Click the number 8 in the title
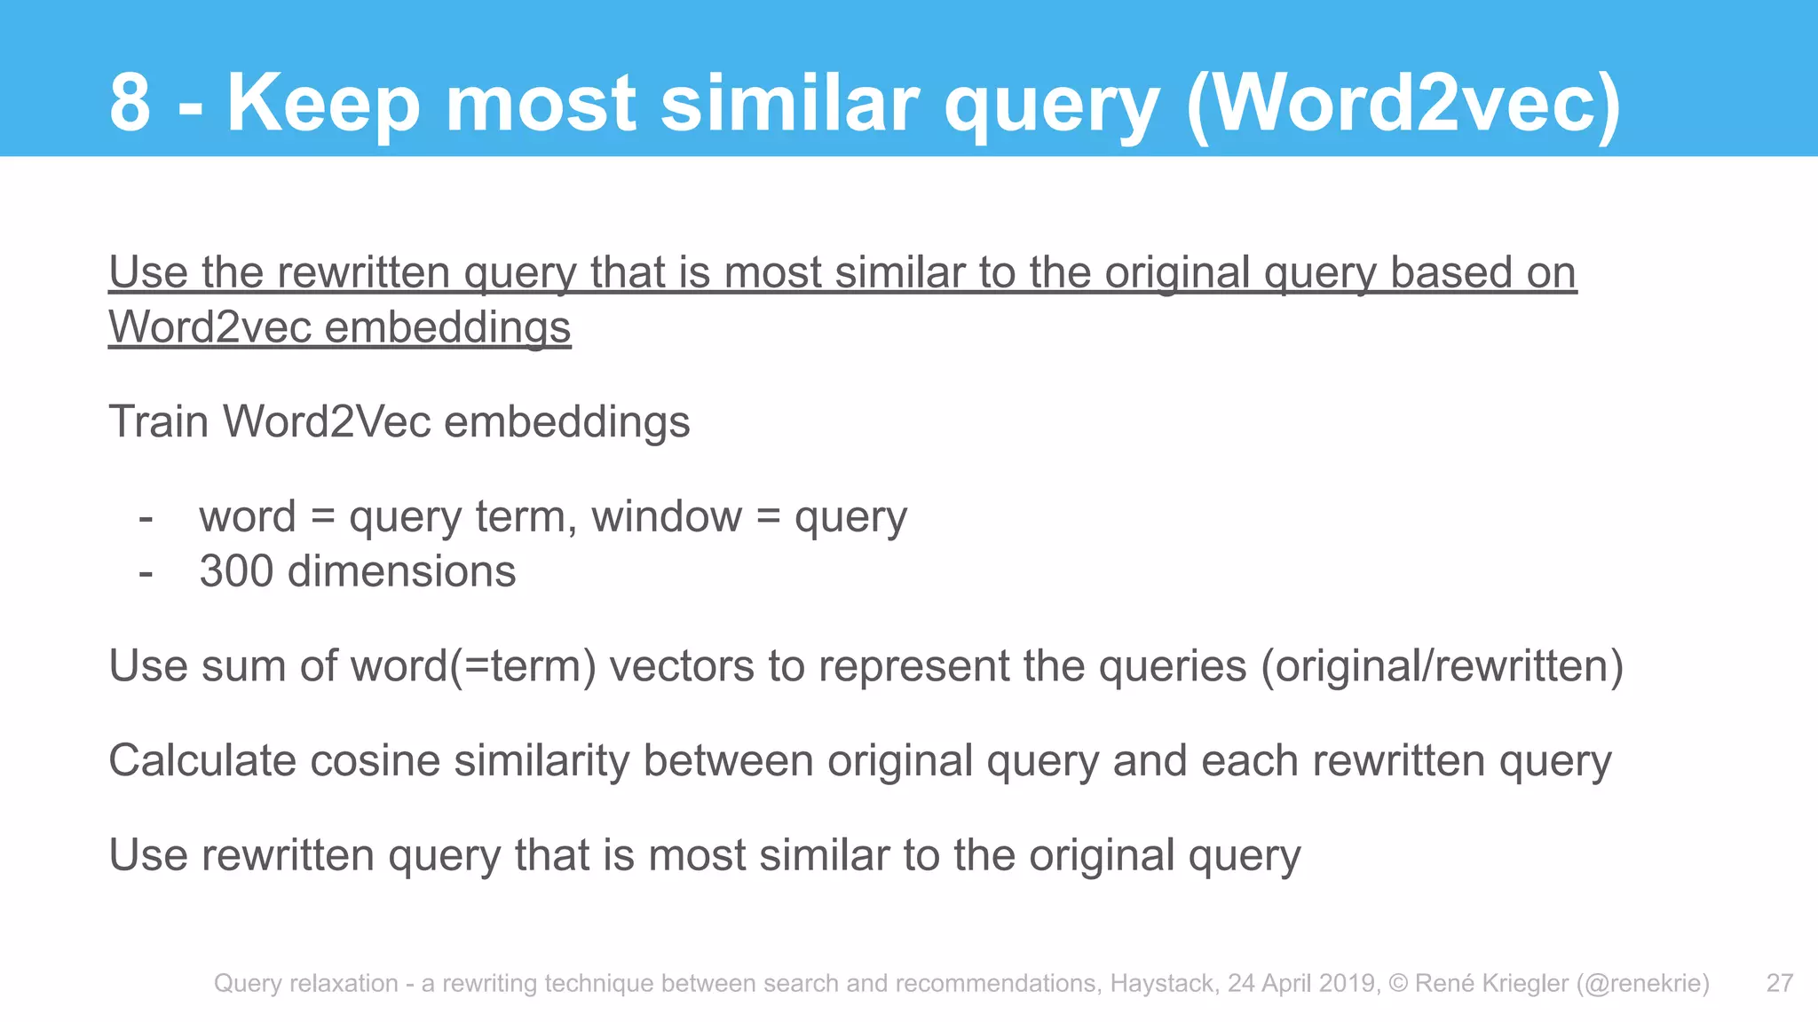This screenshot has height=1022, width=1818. [x=130, y=103]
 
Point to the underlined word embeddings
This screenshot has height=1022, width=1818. [x=447, y=327]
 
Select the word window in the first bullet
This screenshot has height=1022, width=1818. [x=667, y=516]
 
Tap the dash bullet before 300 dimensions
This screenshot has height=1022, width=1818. [x=146, y=572]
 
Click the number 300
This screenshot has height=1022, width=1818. [x=235, y=571]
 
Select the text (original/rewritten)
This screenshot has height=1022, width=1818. [x=1442, y=666]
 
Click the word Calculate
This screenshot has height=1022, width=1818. [x=202, y=761]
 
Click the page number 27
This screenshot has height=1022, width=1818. [x=1780, y=983]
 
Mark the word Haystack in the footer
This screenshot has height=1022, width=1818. [x=1164, y=983]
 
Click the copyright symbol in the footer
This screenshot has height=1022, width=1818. [x=1398, y=983]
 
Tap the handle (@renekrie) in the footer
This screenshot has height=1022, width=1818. [x=1642, y=983]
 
